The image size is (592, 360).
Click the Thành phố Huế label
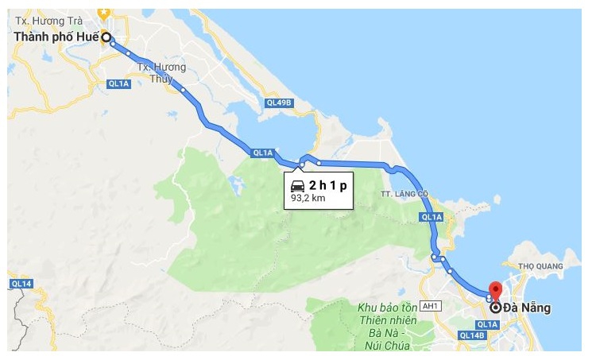(55, 38)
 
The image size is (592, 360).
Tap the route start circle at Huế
(106, 37)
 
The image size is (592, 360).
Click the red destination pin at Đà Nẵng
(495, 291)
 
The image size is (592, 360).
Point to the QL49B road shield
(280, 103)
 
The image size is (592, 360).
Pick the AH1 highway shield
(431, 305)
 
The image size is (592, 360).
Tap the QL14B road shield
(472, 336)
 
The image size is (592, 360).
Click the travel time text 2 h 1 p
(328, 185)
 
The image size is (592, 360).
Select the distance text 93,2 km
(308, 199)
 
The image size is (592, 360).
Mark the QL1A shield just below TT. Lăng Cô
(431, 217)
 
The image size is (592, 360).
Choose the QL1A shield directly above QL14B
(486, 324)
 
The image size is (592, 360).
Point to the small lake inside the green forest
(236, 185)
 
